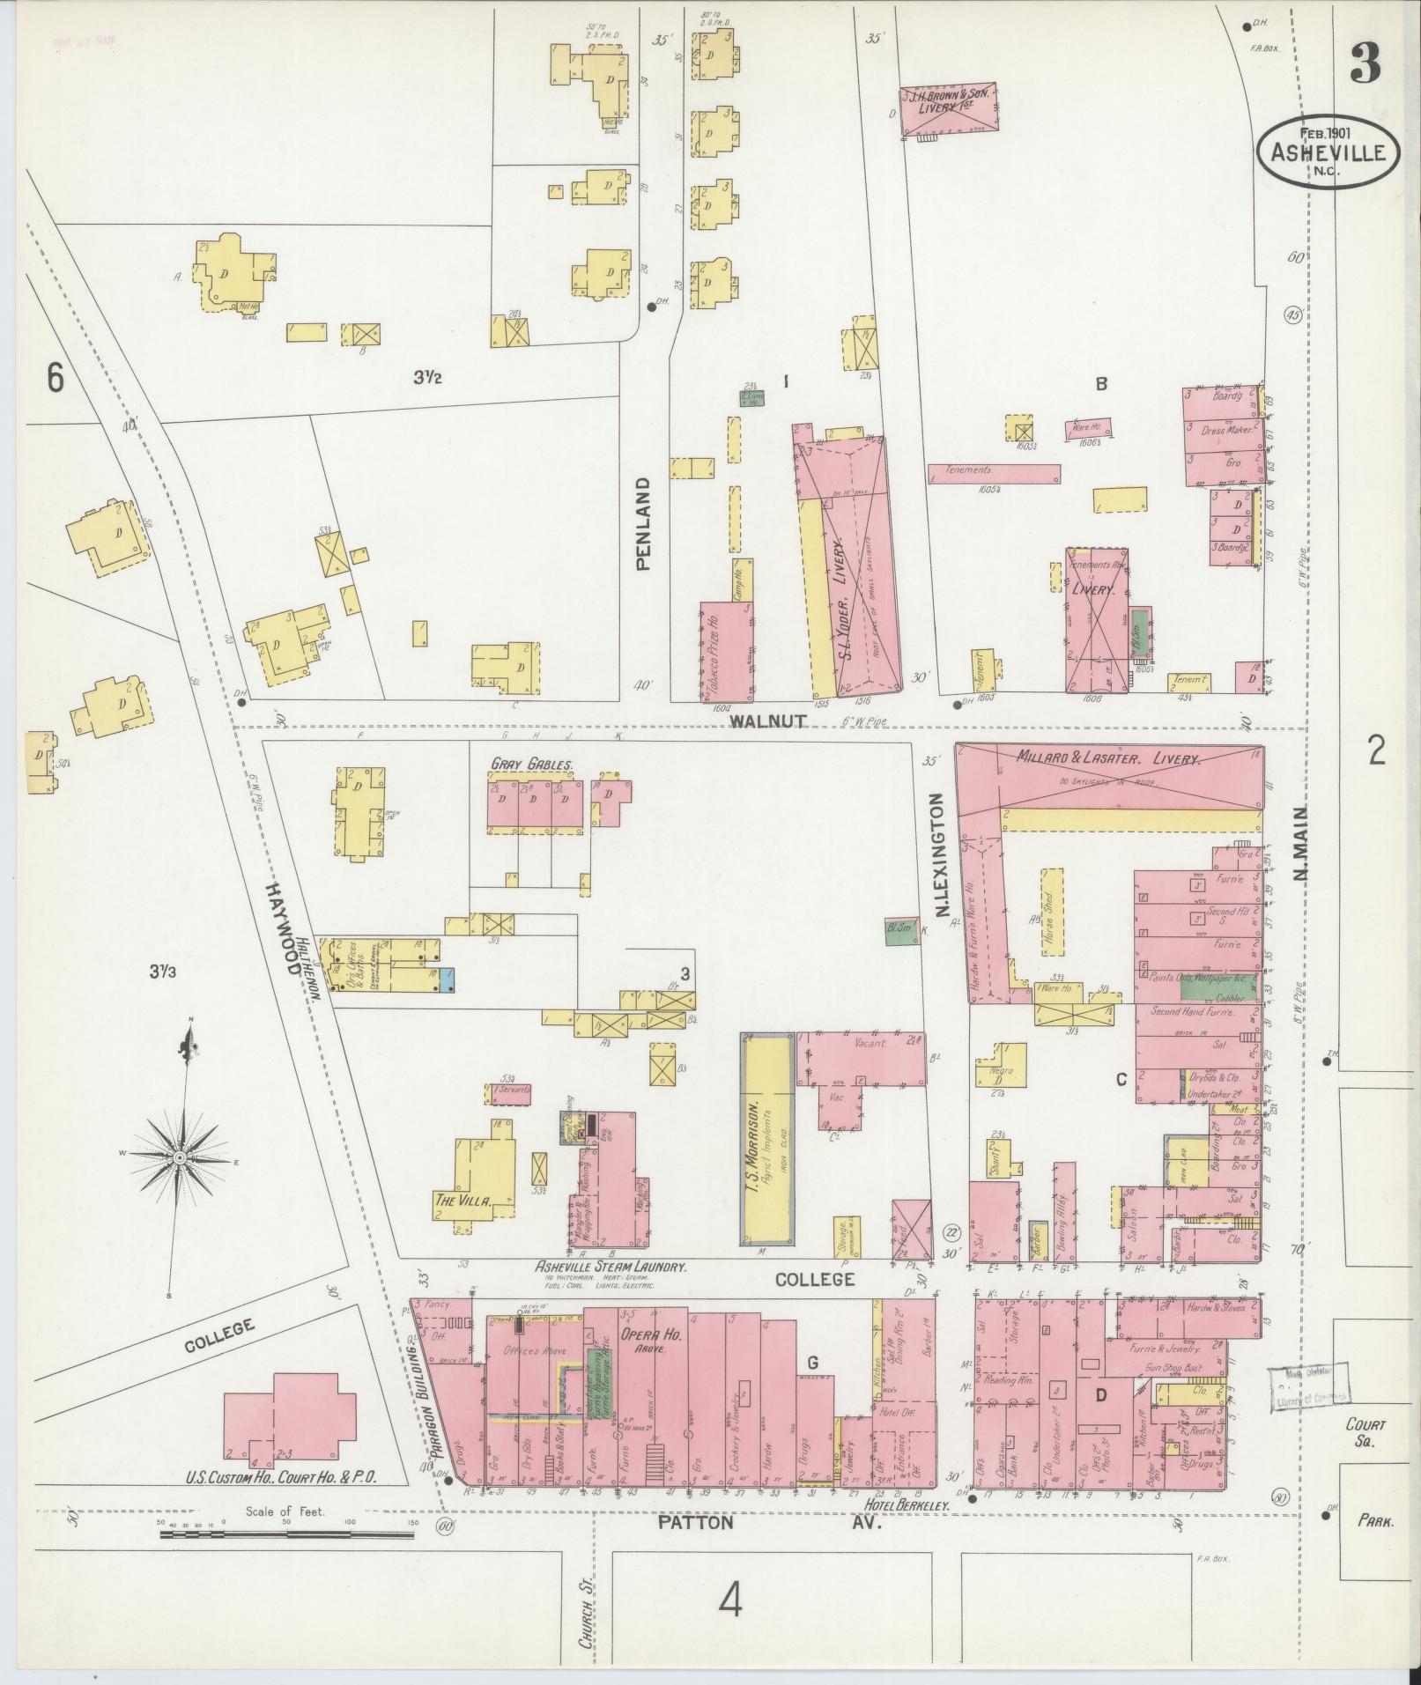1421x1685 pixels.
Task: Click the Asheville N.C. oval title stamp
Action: click(x=1327, y=152)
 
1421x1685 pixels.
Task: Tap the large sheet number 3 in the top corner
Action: click(x=1364, y=63)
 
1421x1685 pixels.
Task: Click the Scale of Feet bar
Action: click(x=287, y=1534)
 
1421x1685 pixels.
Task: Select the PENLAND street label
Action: click(x=644, y=524)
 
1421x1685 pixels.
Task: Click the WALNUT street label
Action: click(x=767, y=721)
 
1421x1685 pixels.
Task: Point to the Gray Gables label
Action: click(x=534, y=765)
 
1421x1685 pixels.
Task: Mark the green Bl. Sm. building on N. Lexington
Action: click(x=899, y=932)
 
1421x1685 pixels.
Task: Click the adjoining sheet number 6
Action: click(x=56, y=379)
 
